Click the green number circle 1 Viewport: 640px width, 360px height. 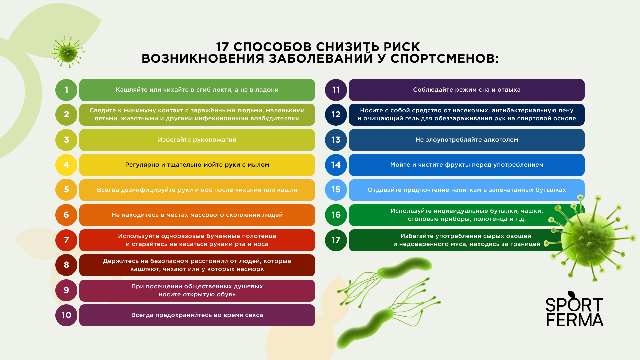[66, 90]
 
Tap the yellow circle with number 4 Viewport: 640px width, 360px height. [66, 165]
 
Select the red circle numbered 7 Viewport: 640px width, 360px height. [66, 240]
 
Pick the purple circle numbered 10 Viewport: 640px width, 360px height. [66, 315]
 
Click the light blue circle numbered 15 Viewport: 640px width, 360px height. [336, 190]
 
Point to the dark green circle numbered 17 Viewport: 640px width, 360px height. [336, 240]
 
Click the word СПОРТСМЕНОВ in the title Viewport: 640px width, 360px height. [445, 59]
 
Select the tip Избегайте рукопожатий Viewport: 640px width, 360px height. [197, 140]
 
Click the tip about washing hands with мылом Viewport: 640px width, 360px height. [197, 165]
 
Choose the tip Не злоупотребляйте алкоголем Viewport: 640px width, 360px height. [467, 140]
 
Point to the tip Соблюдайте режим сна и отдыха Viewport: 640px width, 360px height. [467, 90]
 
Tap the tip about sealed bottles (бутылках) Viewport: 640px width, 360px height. [467, 190]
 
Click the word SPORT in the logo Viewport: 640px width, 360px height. [574, 305]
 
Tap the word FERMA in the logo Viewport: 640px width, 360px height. [575, 320]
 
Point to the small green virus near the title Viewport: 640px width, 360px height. [68, 52]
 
